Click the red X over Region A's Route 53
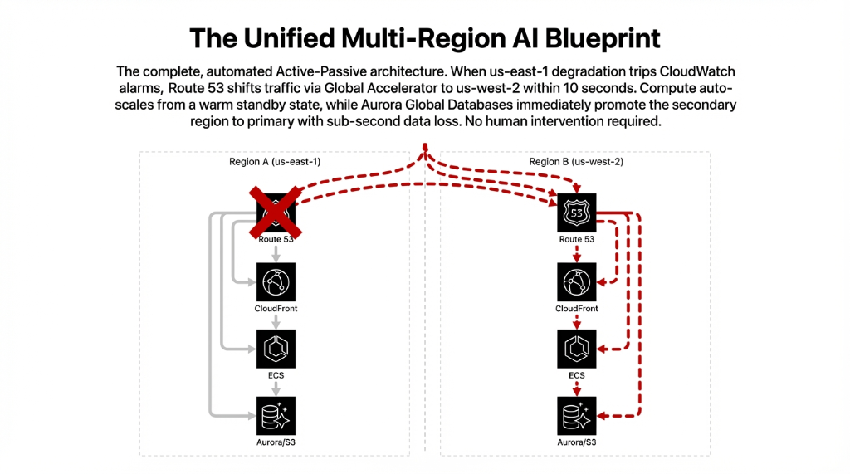(276, 213)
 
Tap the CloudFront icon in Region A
(276, 283)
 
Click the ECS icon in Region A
(276, 349)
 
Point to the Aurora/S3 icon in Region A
(276, 416)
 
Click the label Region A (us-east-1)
(275, 162)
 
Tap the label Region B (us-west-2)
(576, 162)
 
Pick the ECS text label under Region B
(576, 375)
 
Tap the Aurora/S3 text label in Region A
(276, 442)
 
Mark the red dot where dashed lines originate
(425, 148)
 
